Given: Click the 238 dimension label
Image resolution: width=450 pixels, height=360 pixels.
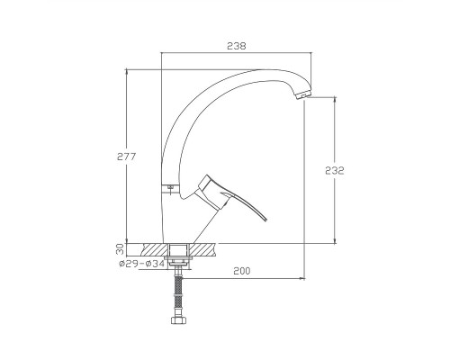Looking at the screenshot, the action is pos(237,46).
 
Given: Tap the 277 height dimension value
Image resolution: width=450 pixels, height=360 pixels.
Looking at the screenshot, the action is pos(126,157).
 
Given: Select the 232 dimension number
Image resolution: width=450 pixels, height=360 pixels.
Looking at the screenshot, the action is pos(335,170).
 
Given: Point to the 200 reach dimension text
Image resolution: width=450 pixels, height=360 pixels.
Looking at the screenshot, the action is pos(242,271).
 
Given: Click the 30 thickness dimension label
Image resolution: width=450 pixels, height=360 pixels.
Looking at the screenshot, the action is pos(120,249).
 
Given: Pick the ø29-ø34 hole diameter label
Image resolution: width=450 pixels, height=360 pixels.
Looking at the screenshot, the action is pos(141,264).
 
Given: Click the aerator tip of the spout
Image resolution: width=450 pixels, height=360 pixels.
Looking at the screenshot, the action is pos(303,94).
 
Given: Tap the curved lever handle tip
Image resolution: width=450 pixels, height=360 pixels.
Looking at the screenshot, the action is pos(265,220).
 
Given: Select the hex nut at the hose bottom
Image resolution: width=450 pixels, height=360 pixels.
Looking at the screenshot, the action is pos(178,320).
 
